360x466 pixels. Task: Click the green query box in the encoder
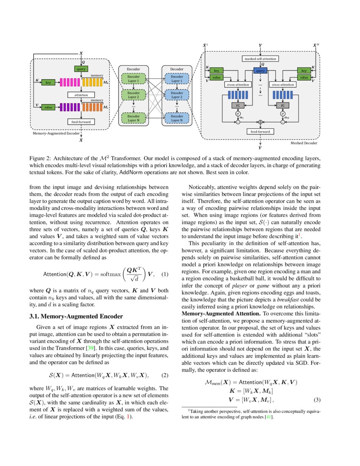pyautogui.click(x=81, y=69)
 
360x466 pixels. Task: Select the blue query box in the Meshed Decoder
pyautogui.click(x=260, y=71)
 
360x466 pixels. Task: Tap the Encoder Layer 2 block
pyautogui.click(x=133, y=94)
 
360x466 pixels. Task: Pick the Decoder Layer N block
pyautogui.click(x=177, y=118)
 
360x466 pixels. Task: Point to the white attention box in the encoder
pyautogui.click(x=81, y=95)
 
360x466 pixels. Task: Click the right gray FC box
pyautogui.click(x=282, y=105)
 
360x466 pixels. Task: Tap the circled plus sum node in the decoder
pyautogui.click(x=260, y=122)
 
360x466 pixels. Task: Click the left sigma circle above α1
pyautogui.click(x=238, y=114)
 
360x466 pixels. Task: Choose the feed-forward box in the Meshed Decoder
pyautogui.click(x=260, y=132)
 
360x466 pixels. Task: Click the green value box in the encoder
pyautogui.click(x=49, y=107)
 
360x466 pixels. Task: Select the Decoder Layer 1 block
pyautogui.click(x=177, y=78)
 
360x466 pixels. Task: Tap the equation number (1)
pyautogui.click(x=165, y=274)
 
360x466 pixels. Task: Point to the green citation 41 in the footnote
pyautogui.click(x=268, y=417)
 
